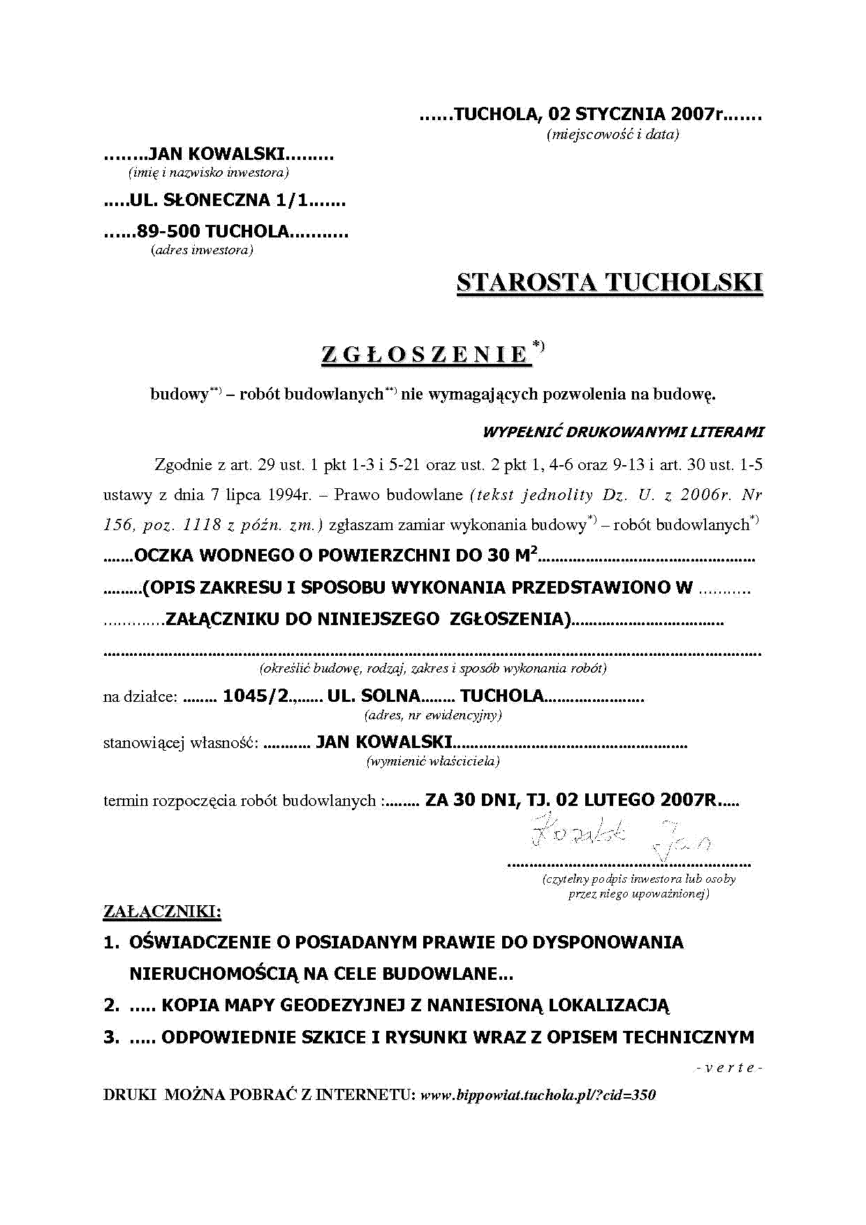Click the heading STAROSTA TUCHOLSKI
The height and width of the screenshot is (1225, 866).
click(609, 282)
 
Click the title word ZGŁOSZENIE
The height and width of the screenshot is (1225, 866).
click(425, 355)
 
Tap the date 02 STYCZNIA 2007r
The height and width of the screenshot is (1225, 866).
click(636, 114)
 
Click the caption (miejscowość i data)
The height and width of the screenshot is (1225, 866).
click(612, 135)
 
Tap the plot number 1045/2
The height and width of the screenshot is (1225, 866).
click(256, 696)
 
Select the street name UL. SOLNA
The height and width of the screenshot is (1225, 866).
click(374, 696)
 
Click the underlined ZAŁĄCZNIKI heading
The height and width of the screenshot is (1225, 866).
click(162, 911)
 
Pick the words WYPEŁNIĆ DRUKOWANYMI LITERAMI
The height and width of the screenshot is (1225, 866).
click(623, 432)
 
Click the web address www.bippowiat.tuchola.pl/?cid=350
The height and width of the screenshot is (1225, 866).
click(538, 1094)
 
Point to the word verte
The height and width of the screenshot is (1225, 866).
click(729, 1068)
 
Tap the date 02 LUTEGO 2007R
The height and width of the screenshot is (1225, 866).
click(637, 800)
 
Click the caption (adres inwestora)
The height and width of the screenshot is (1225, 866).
click(202, 250)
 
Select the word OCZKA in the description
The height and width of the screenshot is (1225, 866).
click(164, 556)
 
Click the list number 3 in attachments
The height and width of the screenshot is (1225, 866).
click(111, 1037)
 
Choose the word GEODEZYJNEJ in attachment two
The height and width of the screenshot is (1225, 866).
click(342, 1006)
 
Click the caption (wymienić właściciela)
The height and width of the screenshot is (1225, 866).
click(433, 761)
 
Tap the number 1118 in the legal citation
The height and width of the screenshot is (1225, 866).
click(203, 525)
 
